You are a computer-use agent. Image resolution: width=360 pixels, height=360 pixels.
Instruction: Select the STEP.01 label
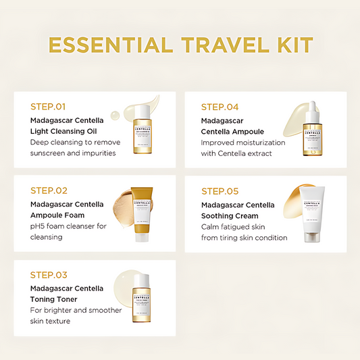[49, 106]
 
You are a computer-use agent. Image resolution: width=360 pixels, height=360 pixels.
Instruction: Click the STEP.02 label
[49, 191]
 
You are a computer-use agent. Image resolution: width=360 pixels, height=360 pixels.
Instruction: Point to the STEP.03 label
[49, 275]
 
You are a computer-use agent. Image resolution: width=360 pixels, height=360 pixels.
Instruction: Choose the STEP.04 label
[220, 106]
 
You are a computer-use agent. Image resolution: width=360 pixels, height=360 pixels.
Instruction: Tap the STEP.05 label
[220, 191]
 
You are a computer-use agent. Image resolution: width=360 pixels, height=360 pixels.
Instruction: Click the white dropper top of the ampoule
[312, 109]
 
